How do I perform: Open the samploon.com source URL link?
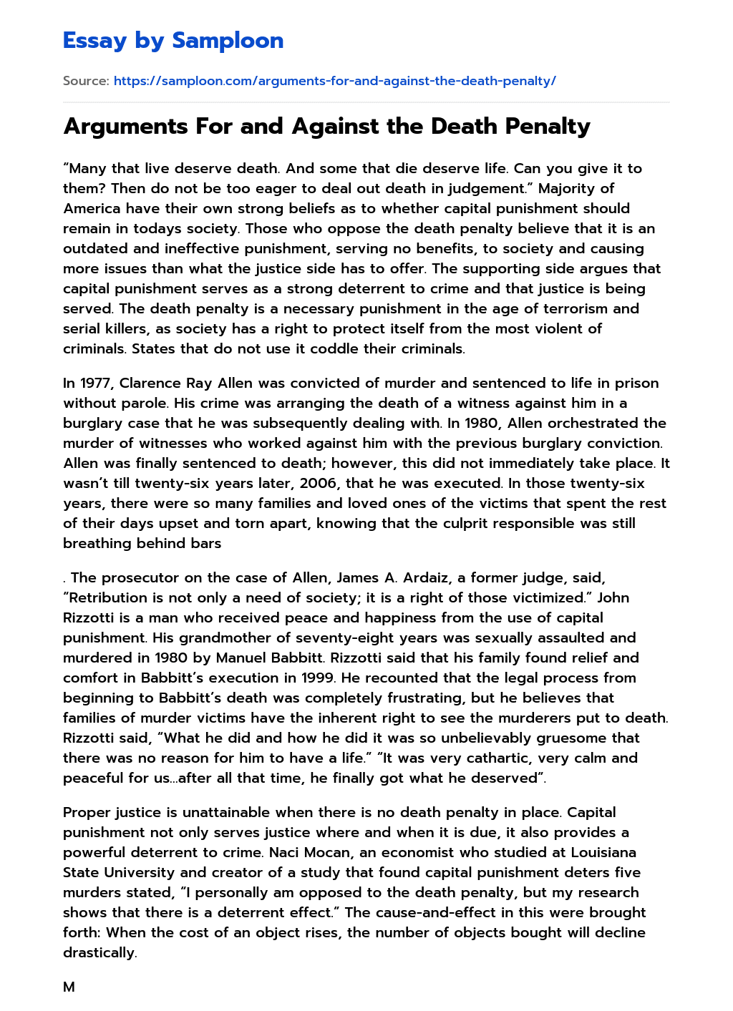point(334,81)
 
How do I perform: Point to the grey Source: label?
point(86,81)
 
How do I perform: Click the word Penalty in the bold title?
point(548,126)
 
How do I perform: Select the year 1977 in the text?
point(96,383)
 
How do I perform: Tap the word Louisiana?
point(603,852)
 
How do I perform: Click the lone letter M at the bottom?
point(69,987)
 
